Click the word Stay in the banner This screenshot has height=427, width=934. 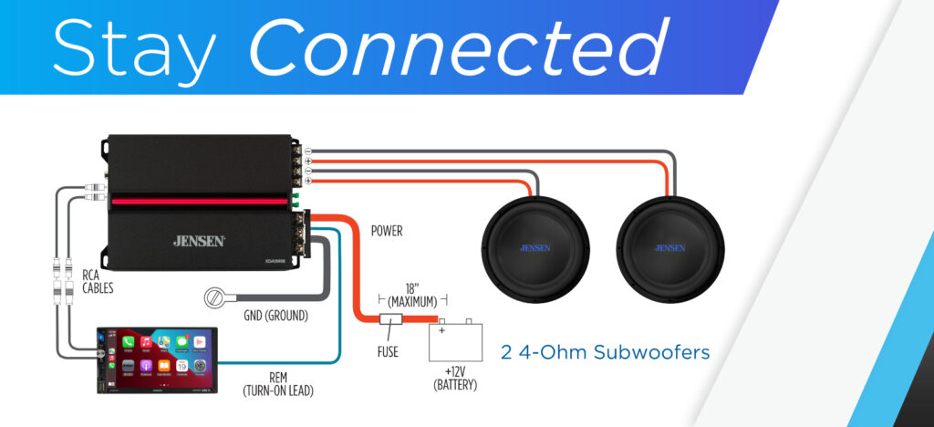click(136, 46)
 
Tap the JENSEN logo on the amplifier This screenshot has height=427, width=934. click(199, 241)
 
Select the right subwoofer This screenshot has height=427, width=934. click(670, 248)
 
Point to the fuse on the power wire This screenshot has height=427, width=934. click(391, 320)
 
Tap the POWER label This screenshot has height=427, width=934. click(387, 231)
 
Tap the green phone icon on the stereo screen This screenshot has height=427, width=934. click(129, 341)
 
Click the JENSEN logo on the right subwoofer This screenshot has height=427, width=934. click(670, 247)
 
